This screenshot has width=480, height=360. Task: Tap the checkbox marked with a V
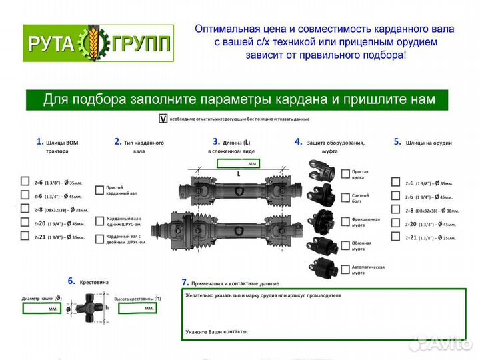[162, 119]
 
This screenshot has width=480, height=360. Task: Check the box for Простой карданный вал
[100, 190]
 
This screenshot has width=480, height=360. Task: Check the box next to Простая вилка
[345, 174]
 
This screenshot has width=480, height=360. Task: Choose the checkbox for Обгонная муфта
[345, 245]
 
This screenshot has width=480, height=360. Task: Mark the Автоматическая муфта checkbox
[345, 269]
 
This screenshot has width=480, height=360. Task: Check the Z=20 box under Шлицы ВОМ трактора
[25, 222]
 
